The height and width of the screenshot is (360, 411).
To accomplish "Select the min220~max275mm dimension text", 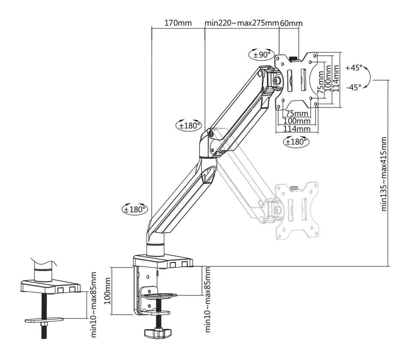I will [x=241, y=23].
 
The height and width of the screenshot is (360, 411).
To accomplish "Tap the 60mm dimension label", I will [x=291, y=23].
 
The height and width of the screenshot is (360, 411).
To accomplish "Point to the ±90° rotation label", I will [x=261, y=54].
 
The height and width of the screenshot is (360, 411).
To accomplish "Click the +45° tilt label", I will [x=354, y=68].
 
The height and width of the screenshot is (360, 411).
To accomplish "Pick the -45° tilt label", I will [x=354, y=87].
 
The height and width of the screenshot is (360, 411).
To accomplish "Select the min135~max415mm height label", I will [x=384, y=174].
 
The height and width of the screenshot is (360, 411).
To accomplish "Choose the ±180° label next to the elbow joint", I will [x=189, y=126].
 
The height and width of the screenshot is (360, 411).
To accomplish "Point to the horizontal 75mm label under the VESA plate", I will [x=297, y=114].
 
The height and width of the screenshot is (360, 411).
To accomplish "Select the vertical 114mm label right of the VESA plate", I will [x=336, y=79].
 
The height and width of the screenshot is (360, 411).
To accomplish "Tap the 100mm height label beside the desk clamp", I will [x=107, y=290].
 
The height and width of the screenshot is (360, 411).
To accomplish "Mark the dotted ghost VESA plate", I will [x=297, y=210].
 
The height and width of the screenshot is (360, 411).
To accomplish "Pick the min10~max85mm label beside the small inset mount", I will [x=94, y=304].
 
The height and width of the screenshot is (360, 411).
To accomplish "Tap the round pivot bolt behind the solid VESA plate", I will [x=277, y=80].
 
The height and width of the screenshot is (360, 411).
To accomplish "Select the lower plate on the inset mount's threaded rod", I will [x=44, y=319].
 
